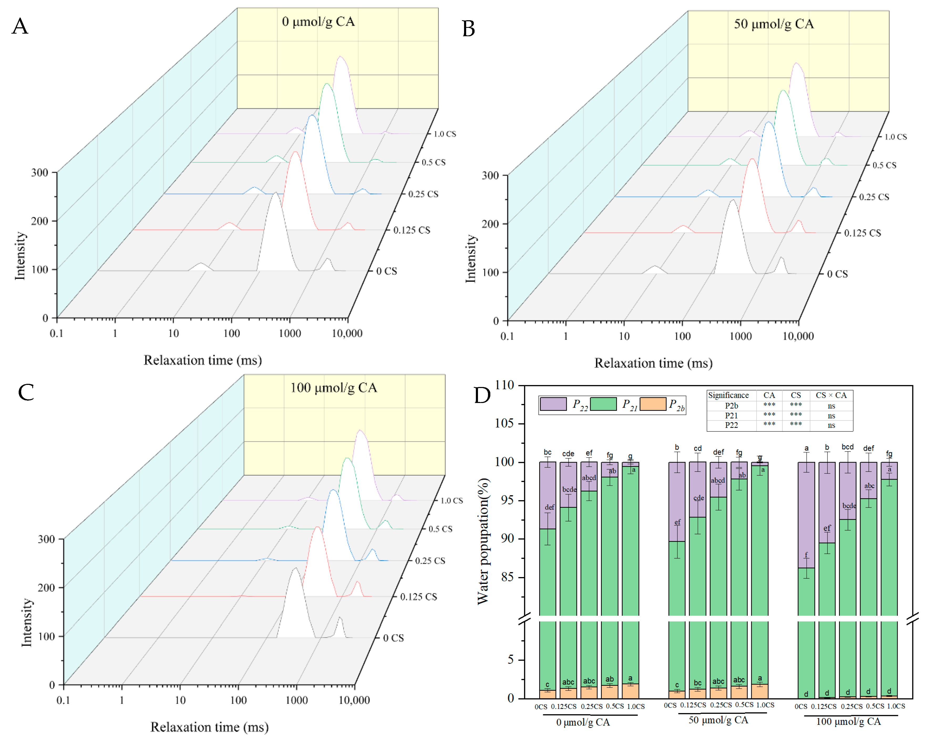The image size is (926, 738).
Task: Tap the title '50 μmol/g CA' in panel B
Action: pyautogui.click(x=774, y=24)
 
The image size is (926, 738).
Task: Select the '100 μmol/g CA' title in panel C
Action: pyautogui.click(x=334, y=388)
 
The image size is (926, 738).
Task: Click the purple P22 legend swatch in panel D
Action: pyautogui.click(x=553, y=404)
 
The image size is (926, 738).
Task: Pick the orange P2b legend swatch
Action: pyautogui.click(x=653, y=404)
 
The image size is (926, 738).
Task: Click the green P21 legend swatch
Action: pyautogui.click(x=603, y=404)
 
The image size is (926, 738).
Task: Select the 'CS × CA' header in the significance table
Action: pyautogui.click(x=831, y=395)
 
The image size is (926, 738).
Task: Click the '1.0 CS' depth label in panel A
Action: pyautogui.click(x=445, y=134)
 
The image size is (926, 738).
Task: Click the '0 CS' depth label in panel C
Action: pyautogui.click(x=393, y=638)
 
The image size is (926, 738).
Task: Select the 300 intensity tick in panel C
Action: pyautogui.click(x=47, y=539)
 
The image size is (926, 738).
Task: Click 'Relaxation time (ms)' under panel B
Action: pyautogui.click(x=653, y=363)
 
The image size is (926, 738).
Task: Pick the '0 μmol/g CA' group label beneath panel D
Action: pyautogui.click(x=583, y=722)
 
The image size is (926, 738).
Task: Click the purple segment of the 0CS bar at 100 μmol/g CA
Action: pyautogui.click(x=806, y=515)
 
